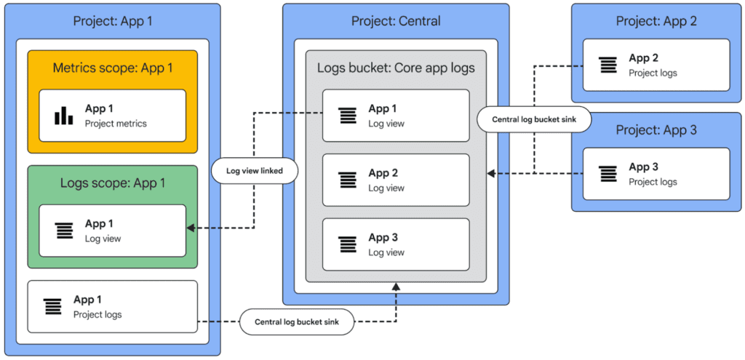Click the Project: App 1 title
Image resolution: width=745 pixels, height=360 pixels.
(x=113, y=21)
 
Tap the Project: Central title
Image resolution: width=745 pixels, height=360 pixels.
(x=396, y=21)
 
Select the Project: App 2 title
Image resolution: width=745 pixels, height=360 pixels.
(x=656, y=21)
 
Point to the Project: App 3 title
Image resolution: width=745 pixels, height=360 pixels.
(x=656, y=130)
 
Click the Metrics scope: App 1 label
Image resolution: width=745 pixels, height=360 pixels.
(x=113, y=68)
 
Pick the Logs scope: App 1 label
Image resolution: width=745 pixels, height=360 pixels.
(x=113, y=183)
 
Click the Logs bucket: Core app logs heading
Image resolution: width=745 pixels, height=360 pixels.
(x=396, y=68)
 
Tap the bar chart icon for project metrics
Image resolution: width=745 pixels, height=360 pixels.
(x=64, y=116)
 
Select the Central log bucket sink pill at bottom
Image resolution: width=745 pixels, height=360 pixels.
(x=297, y=321)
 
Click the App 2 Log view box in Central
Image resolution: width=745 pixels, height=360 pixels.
(x=396, y=180)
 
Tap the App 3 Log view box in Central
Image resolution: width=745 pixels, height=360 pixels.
(x=396, y=244)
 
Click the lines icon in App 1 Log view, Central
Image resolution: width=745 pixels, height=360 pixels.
(x=348, y=116)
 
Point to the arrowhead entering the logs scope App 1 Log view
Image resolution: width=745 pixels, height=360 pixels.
(x=191, y=228)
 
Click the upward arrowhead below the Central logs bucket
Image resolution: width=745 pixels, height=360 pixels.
(x=397, y=287)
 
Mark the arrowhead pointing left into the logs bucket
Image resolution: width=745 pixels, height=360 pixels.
(x=492, y=173)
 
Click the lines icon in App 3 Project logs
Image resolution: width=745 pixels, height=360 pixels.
(x=607, y=174)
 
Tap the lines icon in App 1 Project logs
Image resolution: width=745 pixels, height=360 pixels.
(x=52, y=306)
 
